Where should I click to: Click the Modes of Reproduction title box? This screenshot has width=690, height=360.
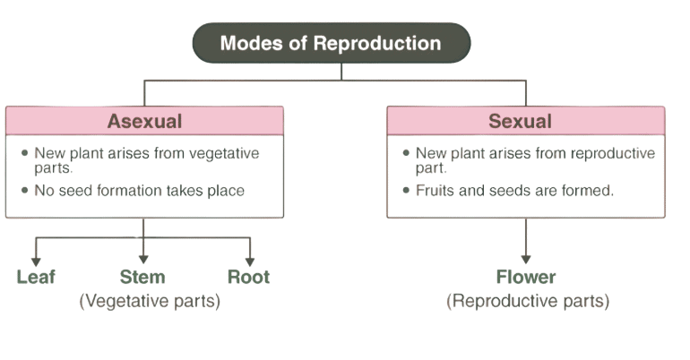coord(331,43)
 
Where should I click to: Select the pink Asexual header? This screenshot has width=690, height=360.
coord(144,121)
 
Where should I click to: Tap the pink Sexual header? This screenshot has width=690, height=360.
coord(525,121)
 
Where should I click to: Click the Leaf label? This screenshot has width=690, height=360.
coord(36,277)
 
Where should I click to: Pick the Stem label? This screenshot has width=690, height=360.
coord(142,277)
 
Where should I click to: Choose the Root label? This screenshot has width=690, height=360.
coord(248,277)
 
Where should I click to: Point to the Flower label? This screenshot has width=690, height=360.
coord(526,277)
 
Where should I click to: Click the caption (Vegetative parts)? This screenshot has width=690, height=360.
coord(150,301)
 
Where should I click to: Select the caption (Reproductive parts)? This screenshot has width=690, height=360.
coord(528,301)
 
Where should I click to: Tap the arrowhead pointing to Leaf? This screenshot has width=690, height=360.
coord(36,259)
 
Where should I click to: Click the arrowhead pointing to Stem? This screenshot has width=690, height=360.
coord(143,259)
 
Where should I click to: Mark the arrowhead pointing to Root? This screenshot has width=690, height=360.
coord(249,259)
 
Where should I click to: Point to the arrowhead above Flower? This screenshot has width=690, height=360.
coord(526,259)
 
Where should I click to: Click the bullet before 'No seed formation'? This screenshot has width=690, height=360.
coord(24,191)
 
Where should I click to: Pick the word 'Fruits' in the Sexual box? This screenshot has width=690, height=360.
coord(434,191)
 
